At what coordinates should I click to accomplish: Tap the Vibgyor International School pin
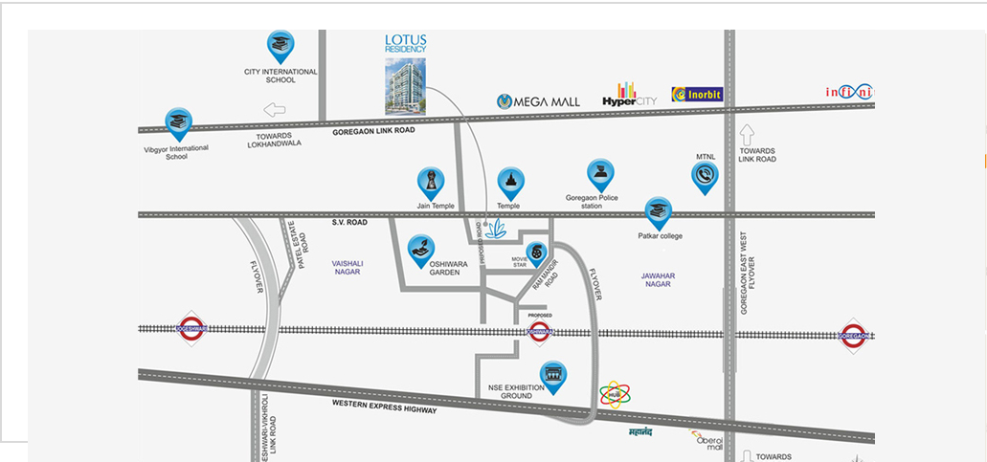(177, 121)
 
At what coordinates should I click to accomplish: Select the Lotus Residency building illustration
(405, 87)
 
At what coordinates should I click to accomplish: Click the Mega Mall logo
(539, 100)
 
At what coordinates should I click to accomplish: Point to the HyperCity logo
(628, 96)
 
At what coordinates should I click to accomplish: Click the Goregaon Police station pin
(600, 175)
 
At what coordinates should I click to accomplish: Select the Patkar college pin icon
(657, 211)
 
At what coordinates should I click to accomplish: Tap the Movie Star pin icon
(540, 252)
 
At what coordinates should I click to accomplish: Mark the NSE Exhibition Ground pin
(552, 375)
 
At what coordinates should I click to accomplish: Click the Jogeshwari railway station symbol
(191, 329)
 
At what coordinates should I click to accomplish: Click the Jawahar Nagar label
(659, 280)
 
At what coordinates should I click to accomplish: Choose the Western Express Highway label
(384, 407)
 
